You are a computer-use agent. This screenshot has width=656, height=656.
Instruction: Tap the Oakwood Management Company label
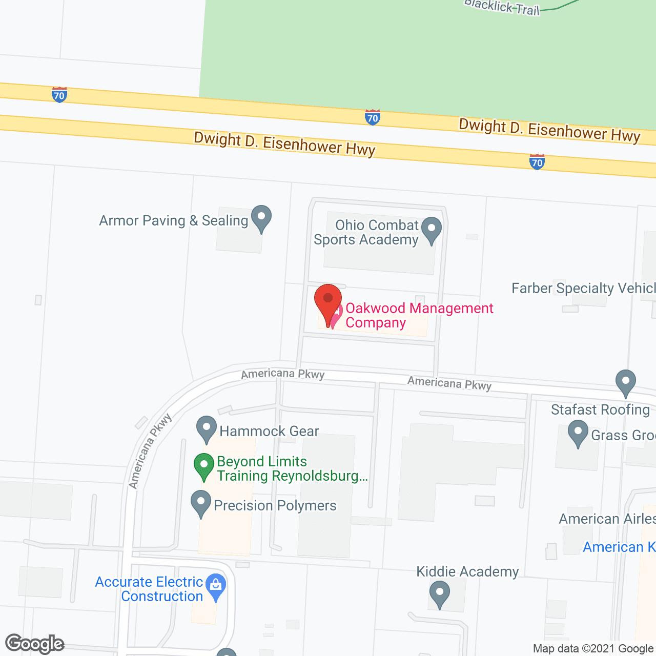(419, 315)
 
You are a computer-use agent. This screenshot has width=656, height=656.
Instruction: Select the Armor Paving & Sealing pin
(261, 218)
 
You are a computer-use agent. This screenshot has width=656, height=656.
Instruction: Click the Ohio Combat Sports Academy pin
(432, 230)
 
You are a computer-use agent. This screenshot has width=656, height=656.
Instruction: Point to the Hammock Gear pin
(207, 429)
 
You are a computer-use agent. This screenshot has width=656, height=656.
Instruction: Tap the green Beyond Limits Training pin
(204, 466)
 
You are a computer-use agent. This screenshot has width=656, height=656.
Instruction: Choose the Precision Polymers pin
(201, 503)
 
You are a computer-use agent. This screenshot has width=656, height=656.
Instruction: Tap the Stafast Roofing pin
(626, 382)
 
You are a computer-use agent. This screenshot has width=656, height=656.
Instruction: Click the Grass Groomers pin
(578, 433)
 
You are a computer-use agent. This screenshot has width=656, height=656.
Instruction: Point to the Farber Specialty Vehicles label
(583, 289)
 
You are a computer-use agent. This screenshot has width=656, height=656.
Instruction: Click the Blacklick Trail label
(502, 7)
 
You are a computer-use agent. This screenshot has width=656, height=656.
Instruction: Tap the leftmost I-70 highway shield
(59, 95)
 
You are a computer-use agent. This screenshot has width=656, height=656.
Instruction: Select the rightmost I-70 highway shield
(537, 162)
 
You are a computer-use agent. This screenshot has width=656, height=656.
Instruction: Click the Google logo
(35, 643)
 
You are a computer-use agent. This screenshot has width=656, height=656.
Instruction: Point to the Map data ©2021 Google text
(593, 649)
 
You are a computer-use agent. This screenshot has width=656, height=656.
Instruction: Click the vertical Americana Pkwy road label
(150, 452)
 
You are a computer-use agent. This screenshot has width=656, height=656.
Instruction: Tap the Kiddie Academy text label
(467, 571)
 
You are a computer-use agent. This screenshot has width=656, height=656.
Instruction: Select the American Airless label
(607, 519)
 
